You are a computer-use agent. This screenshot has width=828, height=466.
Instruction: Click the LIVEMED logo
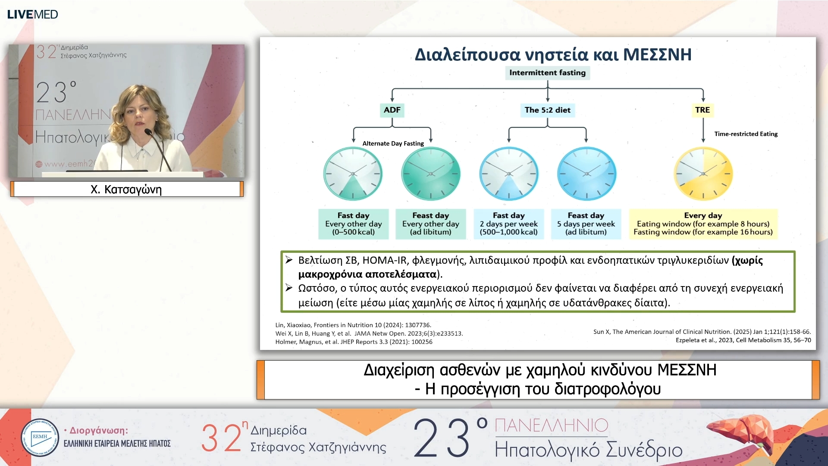click(x=32, y=14)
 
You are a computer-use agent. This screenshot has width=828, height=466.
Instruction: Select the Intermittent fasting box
click(x=547, y=72)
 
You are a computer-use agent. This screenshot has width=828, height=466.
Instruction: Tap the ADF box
click(x=392, y=110)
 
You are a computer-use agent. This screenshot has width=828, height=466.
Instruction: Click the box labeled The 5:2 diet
click(x=547, y=110)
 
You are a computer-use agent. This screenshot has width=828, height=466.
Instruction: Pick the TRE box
click(x=702, y=110)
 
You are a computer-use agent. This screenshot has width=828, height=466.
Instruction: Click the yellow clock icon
click(x=703, y=173)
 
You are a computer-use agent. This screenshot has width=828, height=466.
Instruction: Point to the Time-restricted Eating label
click(x=746, y=134)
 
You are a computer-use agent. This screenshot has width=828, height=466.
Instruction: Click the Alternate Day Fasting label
click(x=393, y=143)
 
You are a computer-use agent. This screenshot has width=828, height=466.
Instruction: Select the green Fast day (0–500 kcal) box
click(x=353, y=224)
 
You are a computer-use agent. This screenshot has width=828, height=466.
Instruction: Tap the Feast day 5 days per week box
click(x=586, y=224)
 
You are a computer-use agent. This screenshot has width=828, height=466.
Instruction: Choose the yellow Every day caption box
click(x=703, y=224)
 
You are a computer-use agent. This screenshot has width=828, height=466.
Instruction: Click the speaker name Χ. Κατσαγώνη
click(x=126, y=189)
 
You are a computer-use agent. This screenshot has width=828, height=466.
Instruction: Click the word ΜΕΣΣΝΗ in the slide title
click(x=657, y=55)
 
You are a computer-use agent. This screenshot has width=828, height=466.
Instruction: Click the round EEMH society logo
click(x=40, y=438)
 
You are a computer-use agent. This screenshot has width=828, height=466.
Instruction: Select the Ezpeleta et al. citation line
click(x=743, y=340)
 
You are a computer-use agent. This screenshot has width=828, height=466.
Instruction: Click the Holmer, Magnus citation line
click(x=354, y=342)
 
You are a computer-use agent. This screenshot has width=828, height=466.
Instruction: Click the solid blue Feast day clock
click(x=586, y=173)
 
